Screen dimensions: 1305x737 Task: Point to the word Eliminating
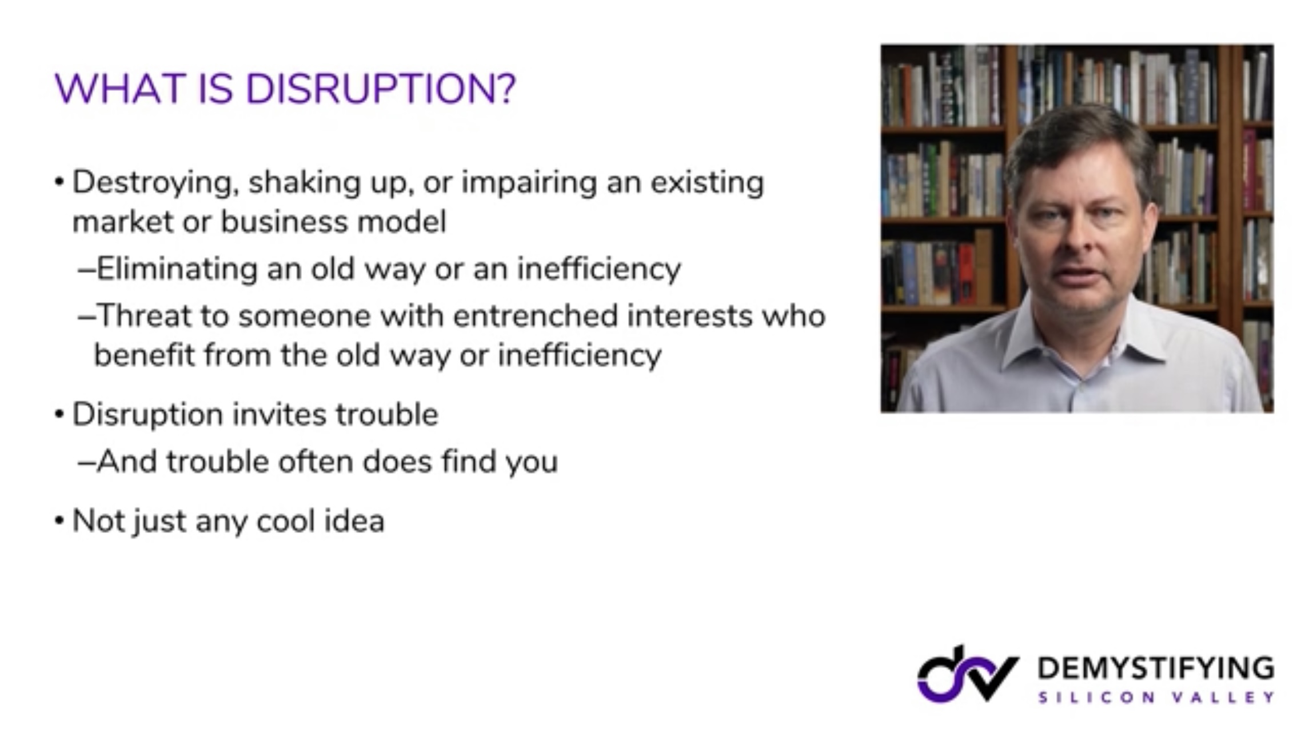point(177,269)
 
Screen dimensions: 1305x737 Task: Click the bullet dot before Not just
point(59,520)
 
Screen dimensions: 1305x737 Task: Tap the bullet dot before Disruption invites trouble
point(59,414)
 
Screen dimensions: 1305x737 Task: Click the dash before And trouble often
point(86,462)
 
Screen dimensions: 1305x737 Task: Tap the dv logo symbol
point(968,674)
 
